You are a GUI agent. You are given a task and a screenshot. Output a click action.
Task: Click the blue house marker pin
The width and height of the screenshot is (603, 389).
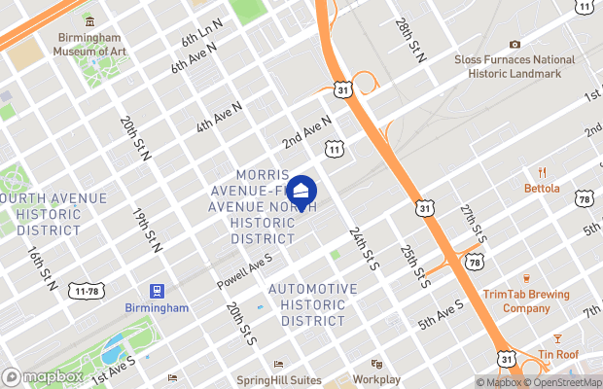[301, 192]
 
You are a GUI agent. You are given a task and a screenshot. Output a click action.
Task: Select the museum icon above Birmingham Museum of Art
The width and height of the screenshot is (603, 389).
[89, 20]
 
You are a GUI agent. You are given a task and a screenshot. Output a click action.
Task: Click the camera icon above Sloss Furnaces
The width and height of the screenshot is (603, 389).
[514, 44]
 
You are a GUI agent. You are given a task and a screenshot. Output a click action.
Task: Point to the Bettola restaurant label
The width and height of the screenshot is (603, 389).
[542, 188]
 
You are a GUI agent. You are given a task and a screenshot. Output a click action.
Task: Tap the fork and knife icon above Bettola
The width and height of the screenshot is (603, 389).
[542, 171]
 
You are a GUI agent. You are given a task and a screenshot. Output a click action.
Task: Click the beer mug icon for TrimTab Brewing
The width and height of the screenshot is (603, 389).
[525, 278]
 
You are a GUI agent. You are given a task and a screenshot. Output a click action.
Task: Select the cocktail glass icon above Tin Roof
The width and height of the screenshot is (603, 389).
[557, 338]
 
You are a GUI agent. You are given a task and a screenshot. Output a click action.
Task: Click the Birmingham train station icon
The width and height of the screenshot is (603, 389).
[156, 291]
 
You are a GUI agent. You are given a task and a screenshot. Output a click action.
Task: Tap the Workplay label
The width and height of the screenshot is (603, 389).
[376, 378]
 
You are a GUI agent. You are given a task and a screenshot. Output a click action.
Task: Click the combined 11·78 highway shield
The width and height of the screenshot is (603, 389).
[88, 292]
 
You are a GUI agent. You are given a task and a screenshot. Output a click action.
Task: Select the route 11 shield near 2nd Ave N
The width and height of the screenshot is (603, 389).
[334, 150]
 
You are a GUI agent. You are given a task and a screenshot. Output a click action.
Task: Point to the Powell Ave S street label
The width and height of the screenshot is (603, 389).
[244, 271]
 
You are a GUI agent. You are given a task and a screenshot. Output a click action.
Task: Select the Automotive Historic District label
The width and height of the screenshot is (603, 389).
[312, 304]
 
